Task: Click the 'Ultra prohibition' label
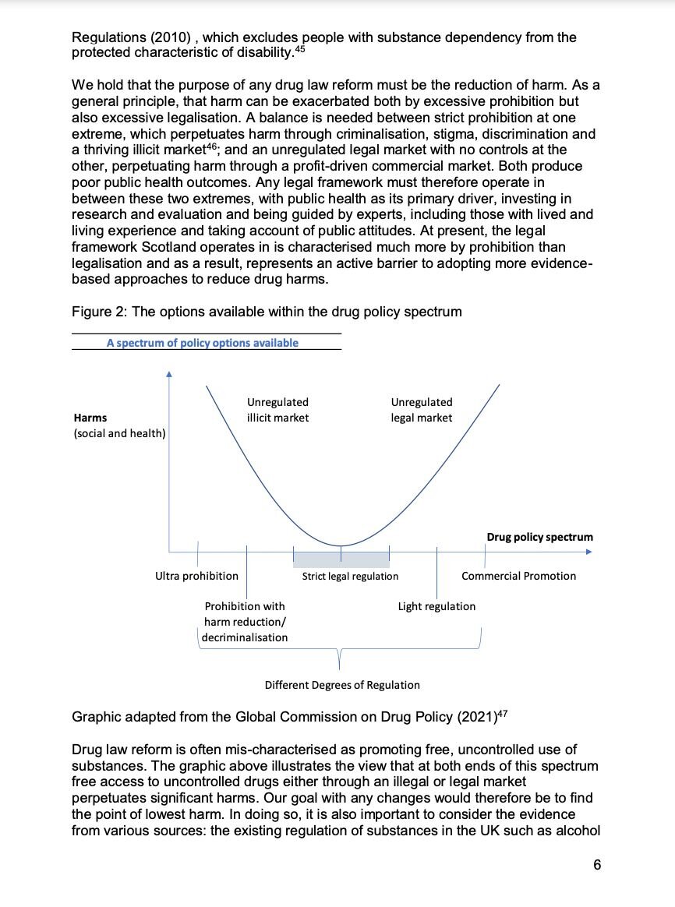pos(196,576)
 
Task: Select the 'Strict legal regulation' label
pos(350,576)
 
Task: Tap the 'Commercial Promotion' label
pos(518,576)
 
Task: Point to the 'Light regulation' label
pos(436,606)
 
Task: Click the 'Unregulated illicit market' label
pos(277,410)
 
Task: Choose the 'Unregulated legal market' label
pos(421,410)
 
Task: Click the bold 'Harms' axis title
pos(90,418)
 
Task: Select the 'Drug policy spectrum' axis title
pos(539,537)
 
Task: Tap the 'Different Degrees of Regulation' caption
pos(342,685)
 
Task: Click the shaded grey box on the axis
pos(341,558)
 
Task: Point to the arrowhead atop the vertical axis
pos(169,374)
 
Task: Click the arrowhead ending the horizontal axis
pos(590,551)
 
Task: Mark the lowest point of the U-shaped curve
pos(341,545)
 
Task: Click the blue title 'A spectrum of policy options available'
pos(203,342)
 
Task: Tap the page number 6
pos(596,865)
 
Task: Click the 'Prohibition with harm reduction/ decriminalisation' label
pos(245,622)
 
